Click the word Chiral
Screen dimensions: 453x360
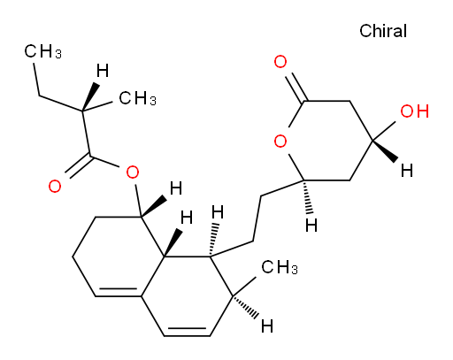383,31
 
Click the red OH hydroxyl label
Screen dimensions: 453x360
414,111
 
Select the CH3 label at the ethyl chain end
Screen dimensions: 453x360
42,51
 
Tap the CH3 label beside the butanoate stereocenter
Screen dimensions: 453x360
137,98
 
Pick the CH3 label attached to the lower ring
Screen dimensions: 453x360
280,267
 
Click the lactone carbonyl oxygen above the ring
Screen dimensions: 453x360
280,62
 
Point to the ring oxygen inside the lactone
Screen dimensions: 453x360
280,141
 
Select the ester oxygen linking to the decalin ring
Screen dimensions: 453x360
133,172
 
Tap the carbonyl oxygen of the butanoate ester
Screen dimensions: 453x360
55,187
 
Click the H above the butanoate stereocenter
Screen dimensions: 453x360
103,71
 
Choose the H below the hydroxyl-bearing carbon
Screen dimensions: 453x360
407,171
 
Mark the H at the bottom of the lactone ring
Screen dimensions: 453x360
311,226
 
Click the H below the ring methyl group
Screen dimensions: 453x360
267,326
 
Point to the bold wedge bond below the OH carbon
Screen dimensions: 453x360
385,150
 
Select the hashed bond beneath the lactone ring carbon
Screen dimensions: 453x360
307,196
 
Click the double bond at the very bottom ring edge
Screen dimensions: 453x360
187,332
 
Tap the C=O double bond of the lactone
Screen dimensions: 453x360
296,88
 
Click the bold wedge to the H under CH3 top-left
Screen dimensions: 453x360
90,96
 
